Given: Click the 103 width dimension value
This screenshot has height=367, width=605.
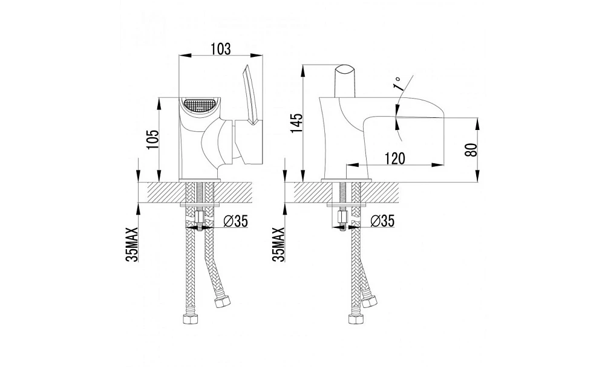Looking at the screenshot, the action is point(221,49).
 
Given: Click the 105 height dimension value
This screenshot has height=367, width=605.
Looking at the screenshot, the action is point(152,139).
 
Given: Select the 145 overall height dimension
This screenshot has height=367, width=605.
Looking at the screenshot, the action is point(297,123).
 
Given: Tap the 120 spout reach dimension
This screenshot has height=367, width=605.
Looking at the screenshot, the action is point(394,158).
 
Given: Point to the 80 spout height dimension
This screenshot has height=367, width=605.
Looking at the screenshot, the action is point(471,149).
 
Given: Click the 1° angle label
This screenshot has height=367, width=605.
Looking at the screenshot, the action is point(397,83).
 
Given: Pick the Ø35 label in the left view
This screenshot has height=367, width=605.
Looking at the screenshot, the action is point(235,221).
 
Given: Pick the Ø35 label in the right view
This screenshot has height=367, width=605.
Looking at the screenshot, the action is point(383,221).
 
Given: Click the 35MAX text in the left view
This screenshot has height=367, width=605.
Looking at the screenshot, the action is point(132,244).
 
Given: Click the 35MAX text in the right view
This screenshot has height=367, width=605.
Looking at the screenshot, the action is point(278,244).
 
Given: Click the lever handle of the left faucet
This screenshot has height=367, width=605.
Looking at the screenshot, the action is point(250,95).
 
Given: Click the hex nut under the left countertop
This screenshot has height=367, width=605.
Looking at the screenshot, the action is point(199,220).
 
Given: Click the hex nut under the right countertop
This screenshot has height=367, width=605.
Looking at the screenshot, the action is point(342,220).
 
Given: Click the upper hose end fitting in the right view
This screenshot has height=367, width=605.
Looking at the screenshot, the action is point(369,301).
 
